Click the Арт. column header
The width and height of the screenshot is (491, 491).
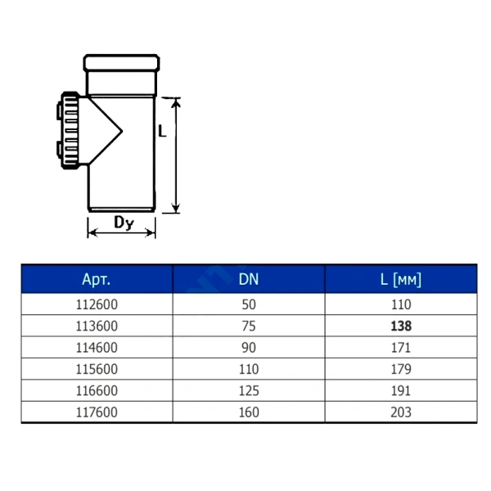pyautogui.click(x=96, y=279)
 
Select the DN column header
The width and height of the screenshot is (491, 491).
pyautogui.click(x=249, y=279)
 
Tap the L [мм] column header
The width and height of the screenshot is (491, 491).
pyautogui.click(x=401, y=279)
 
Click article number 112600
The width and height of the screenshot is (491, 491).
pyautogui.click(x=97, y=304)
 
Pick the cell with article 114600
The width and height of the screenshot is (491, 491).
pyautogui.click(x=97, y=348)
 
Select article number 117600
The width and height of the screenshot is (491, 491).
pyautogui.click(x=97, y=412)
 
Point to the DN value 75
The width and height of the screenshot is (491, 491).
pyautogui.click(x=249, y=326)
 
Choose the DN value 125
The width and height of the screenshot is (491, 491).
pyautogui.click(x=249, y=391)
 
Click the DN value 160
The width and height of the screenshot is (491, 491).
pyautogui.click(x=249, y=412)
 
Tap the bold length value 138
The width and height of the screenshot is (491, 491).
pyautogui.click(x=401, y=326)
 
